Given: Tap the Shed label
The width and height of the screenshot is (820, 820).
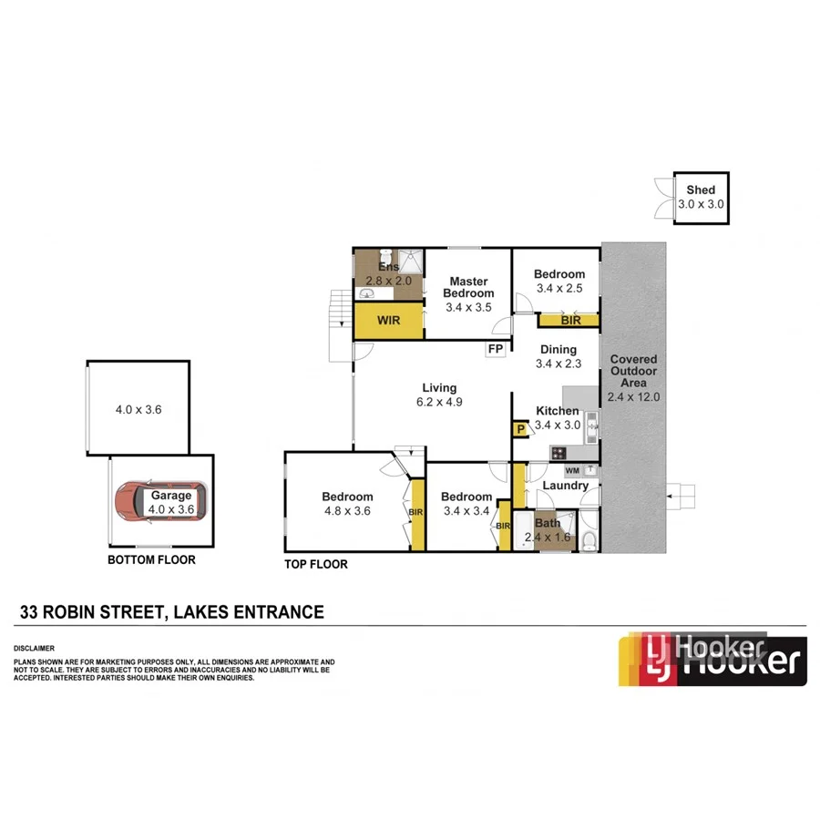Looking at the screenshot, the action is point(701,190).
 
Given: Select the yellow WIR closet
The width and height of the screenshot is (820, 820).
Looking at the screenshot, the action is point(389,321).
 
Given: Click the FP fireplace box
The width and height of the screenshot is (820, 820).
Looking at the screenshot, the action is point(497,350).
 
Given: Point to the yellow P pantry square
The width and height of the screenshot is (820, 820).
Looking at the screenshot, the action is point(521,429).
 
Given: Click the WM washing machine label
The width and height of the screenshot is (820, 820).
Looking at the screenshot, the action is point(572,470).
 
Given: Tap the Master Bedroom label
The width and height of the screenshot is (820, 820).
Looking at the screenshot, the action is point(468,287).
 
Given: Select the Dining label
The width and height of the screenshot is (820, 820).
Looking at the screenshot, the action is point(558,350).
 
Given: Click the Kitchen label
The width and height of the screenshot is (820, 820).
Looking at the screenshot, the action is point(557,411).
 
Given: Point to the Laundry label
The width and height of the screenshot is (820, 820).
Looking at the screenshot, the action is point(565,486).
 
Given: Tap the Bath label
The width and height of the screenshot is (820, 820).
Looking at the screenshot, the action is point(548,523).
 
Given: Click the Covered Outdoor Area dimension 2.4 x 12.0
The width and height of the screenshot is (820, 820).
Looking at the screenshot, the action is point(633,397).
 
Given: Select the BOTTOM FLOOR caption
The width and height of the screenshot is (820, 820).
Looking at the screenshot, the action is point(151,560).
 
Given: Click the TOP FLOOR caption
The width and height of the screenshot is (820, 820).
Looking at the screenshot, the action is point(316,564).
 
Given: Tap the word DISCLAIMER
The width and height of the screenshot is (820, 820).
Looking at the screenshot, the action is point(35,648).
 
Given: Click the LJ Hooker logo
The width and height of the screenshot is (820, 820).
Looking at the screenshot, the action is point(712,659).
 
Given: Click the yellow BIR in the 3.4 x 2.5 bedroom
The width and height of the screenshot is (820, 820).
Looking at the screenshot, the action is point(570,320).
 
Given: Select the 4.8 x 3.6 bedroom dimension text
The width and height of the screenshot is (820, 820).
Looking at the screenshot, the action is point(347,511).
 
